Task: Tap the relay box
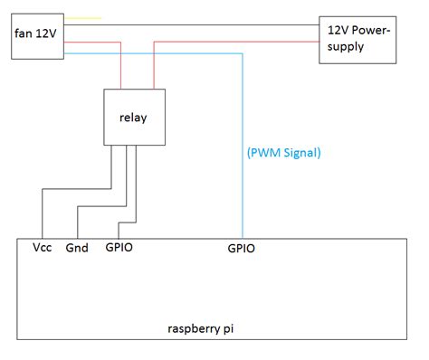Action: coord(132,118)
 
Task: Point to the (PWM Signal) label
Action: coord(283,153)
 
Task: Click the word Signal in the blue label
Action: coord(301,153)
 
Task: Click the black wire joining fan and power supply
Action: coord(190,26)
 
